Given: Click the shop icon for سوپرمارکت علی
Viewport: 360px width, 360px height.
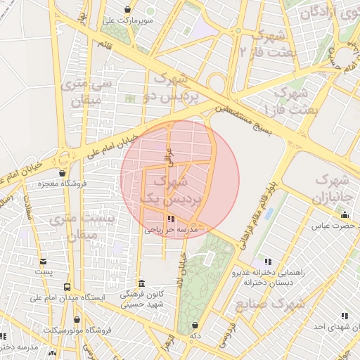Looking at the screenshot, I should (x=127, y=9).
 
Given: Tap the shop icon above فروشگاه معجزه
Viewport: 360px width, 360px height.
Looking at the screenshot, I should (x=63, y=173).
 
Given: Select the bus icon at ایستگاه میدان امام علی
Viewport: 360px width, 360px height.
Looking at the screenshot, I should (x=67, y=287).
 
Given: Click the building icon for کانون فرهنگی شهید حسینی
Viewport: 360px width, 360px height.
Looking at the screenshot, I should (x=141, y=282).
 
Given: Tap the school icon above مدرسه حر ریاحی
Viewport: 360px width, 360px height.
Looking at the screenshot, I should (x=172, y=219).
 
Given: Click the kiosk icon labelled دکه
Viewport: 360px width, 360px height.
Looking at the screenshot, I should (x=195, y=326).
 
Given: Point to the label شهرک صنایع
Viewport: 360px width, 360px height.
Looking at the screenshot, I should (x=281, y=304).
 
